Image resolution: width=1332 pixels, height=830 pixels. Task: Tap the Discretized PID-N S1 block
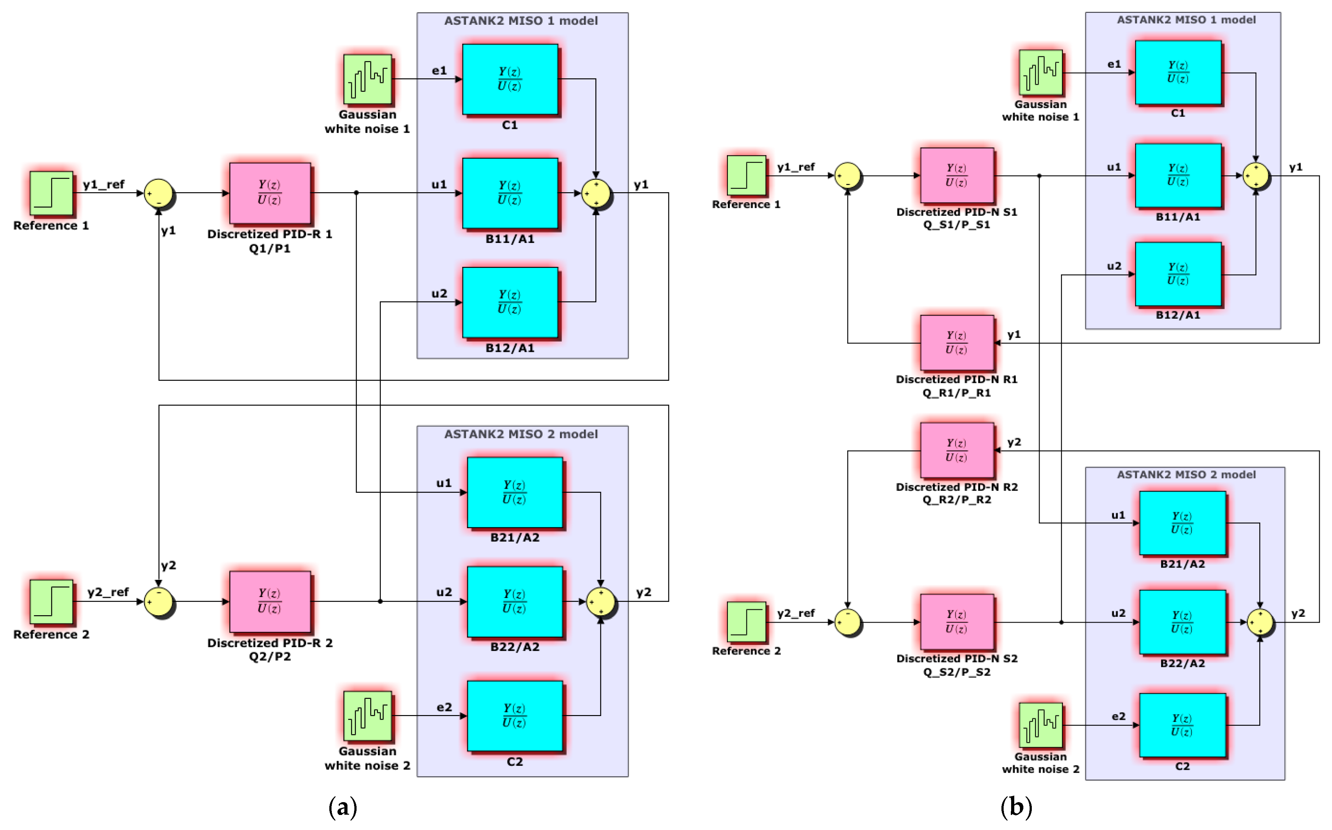pyautogui.click(x=957, y=175)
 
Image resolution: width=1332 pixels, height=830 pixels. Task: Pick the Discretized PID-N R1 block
pyautogui.click(x=957, y=343)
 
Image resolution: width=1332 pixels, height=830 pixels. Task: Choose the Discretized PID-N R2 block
pyautogui.click(x=957, y=450)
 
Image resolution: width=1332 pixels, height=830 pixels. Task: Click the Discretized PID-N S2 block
pyautogui.click(x=957, y=621)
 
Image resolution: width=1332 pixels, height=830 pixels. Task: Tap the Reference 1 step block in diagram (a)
pyautogui.click(x=51, y=193)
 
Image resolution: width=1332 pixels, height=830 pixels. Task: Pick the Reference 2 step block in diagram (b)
pyautogui.click(x=746, y=621)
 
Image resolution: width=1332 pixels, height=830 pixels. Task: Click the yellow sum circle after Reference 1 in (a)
pyautogui.click(x=159, y=193)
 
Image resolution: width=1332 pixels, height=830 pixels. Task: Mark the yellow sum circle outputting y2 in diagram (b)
pyautogui.click(x=1260, y=622)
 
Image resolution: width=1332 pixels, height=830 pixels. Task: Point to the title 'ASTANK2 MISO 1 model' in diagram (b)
pyautogui.click(x=1186, y=20)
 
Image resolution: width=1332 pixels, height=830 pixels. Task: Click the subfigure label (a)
pyautogui.click(x=343, y=807)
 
